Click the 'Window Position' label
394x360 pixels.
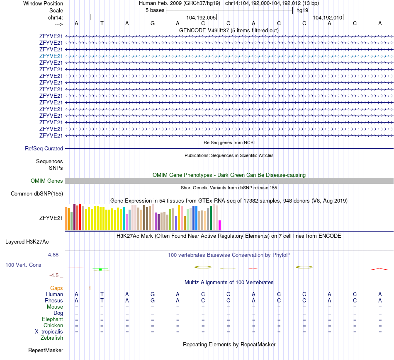click(x=43, y=3)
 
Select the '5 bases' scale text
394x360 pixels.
click(x=155, y=10)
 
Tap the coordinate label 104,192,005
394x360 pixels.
click(x=201, y=18)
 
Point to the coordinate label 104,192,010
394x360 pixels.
click(x=328, y=18)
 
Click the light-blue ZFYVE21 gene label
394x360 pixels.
click(x=51, y=56)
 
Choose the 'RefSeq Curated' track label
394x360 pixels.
click(x=44, y=148)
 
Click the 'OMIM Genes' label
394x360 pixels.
click(x=47, y=181)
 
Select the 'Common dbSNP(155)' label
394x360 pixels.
click(x=37, y=193)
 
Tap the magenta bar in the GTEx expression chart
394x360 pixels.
click(x=220, y=225)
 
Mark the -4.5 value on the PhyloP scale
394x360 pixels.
click(x=55, y=275)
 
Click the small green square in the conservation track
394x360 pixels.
click(x=100, y=269)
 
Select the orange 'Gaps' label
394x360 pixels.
click(x=56, y=288)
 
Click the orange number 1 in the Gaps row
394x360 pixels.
click(x=90, y=288)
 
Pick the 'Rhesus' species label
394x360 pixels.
click(x=54, y=300)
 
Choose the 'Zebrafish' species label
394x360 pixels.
click(x=52, y=338)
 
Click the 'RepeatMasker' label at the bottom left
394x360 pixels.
click(x=46, y=350)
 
